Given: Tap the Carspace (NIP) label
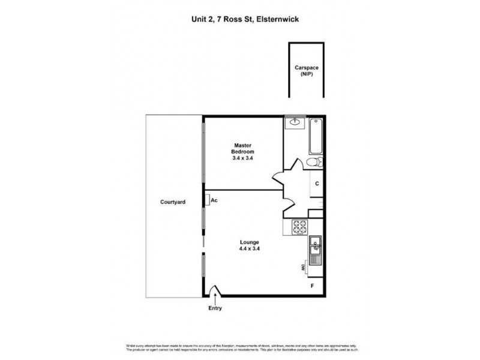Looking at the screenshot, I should (x=306, y=71).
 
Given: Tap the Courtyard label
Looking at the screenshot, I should (x=173, y=202).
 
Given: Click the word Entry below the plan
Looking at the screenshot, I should (x=215, y=308).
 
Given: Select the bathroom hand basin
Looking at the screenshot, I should (x=295, y=122).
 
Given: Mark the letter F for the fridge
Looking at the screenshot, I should (x=311, y=286).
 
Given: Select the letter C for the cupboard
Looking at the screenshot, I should (x=316, y=184).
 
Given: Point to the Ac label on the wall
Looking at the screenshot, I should (x=214, y=200).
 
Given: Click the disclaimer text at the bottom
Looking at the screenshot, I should (x=239, y=348).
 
